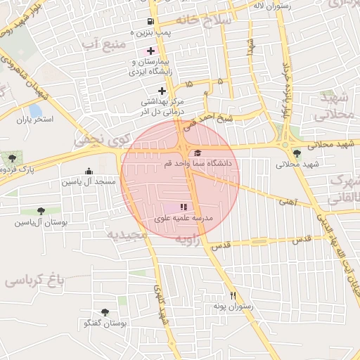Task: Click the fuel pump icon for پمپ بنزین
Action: [150, 21]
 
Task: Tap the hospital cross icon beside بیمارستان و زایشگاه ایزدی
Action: [150, 51]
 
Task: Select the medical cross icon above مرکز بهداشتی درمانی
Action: [162, 91]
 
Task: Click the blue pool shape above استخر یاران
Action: [35, 111]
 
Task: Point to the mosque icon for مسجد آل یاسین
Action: [89, 171]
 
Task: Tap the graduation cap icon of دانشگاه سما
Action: [198, 153]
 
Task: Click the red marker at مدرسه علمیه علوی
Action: [184, 207]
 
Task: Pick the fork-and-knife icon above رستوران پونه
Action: [233, 296]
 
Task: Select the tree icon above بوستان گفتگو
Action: [105, 311]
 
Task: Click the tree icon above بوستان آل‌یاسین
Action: [41, 210]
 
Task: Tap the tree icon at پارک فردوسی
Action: [13, 157]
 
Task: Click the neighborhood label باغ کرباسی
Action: [34, 281]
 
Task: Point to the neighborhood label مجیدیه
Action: [129, 234]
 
